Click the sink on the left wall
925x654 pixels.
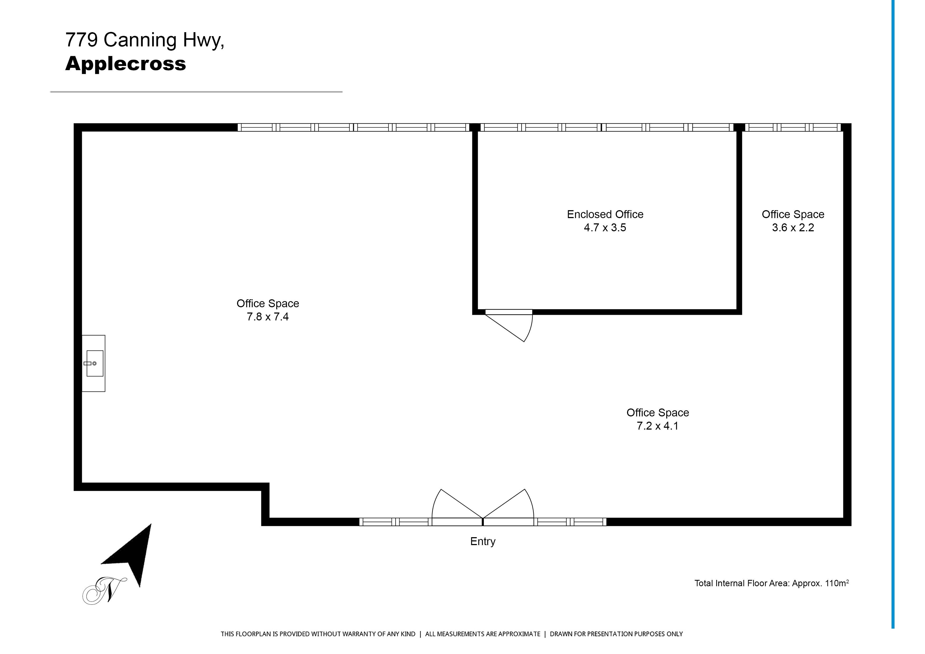(93, 363)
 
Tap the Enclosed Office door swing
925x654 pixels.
(509, 326)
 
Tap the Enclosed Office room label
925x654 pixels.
(605, 214)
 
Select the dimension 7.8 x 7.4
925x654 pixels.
(268, 317)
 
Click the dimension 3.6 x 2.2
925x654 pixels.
(793, 228)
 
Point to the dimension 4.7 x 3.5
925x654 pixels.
(605, 228)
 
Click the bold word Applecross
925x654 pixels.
(126, 64)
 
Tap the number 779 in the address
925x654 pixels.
(81, 40)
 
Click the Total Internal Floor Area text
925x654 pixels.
(772, 583)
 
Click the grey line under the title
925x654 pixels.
(196, 92)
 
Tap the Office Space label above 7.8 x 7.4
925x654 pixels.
(268, 304)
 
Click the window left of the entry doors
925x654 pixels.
(395, 522)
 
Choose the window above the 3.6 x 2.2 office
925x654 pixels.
(793, 127)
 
